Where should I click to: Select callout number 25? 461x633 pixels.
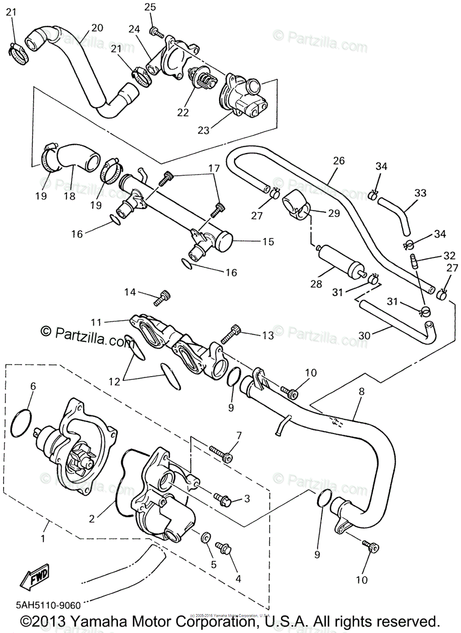coord(150,7)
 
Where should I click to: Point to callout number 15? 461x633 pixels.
coord(268,242)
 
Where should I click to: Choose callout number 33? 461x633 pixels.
coord(420,193)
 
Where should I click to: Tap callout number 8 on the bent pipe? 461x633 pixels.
coord(361,392)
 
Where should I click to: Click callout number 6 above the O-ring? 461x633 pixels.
coord(33,386)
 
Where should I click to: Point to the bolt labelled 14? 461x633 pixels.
coord(161,299)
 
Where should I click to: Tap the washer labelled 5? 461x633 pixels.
coord(206,538)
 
